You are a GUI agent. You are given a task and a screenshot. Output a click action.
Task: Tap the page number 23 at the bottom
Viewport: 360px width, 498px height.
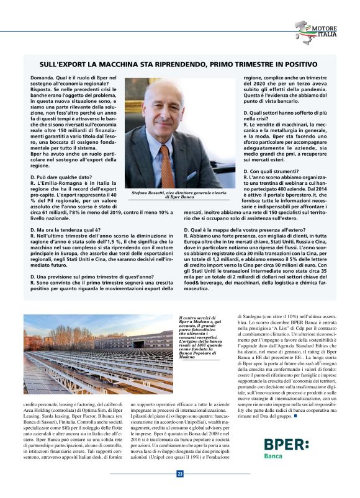(x=180, y=474)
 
